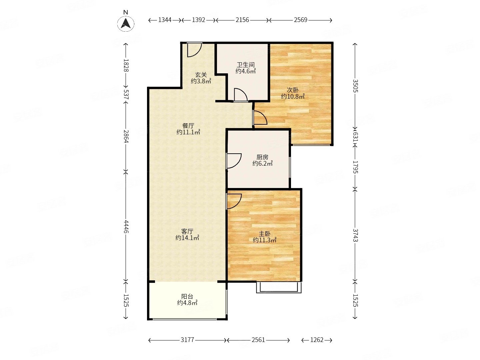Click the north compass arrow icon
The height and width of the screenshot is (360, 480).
coord(126,23)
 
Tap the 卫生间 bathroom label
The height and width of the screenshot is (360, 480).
coord(246,65)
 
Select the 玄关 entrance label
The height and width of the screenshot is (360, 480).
coord(201,75)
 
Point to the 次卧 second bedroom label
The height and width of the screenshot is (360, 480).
coord(292,90)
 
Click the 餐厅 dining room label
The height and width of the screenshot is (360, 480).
coord(188,126)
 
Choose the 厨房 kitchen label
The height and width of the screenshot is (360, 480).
coord(262,157)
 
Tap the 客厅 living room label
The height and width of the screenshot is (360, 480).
coord(187,231)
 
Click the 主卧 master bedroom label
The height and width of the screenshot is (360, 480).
coord(265,234)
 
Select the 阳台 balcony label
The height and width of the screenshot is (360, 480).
coord(187,297)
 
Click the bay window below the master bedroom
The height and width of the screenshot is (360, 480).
coord(279,288)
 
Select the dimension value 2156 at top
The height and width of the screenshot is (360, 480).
coord(242,20)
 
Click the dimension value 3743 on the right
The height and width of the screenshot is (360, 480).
coord(355,235)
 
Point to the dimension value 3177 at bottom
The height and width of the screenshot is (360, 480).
coord(187,340)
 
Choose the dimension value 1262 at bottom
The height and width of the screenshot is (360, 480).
coord(317,340)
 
